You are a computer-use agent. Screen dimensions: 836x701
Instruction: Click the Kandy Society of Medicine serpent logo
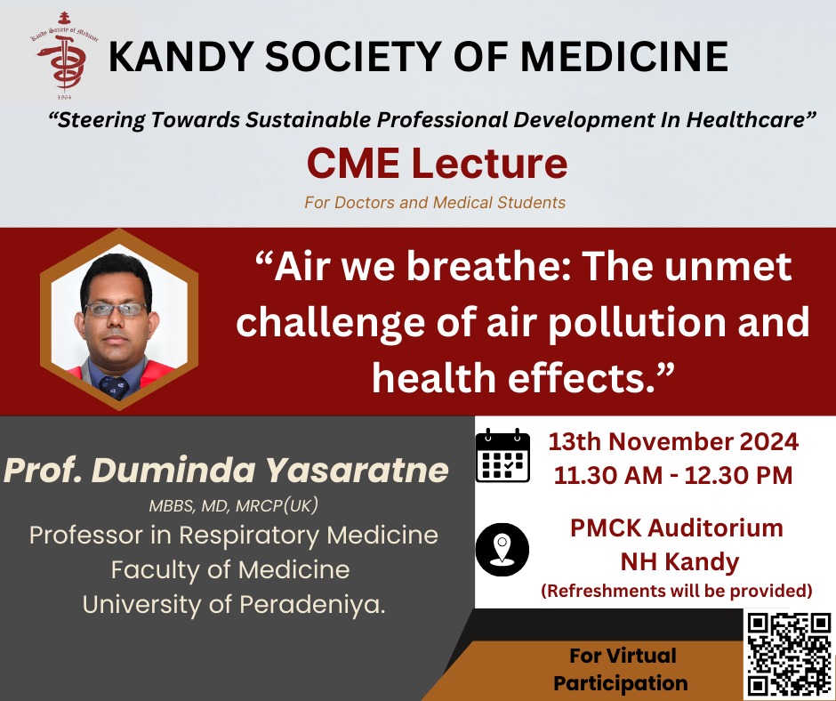(63, 55)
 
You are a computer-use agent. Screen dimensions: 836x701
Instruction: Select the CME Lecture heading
(437, 164)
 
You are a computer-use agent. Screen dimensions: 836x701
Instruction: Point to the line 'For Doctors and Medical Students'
(435, 203)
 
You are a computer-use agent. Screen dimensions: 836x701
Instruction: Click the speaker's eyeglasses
(115, 310)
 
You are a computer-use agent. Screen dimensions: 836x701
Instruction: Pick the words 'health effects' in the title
(514, 378)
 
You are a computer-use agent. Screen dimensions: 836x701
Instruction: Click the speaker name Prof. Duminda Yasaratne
(226, 470)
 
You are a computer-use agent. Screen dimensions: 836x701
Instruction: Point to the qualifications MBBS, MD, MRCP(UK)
(233, 505)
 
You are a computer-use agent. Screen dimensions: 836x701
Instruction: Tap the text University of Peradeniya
(234, 604)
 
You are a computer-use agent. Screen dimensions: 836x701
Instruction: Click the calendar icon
(502, 455)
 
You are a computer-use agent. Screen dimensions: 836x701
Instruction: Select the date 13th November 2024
(673, 442)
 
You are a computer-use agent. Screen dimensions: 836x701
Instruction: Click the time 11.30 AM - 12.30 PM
(673, 475)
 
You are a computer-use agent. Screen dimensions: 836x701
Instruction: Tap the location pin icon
(502, 550)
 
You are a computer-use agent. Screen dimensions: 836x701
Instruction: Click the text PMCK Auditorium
(677, 528)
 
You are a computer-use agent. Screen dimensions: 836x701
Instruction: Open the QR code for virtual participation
(789, 654)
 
